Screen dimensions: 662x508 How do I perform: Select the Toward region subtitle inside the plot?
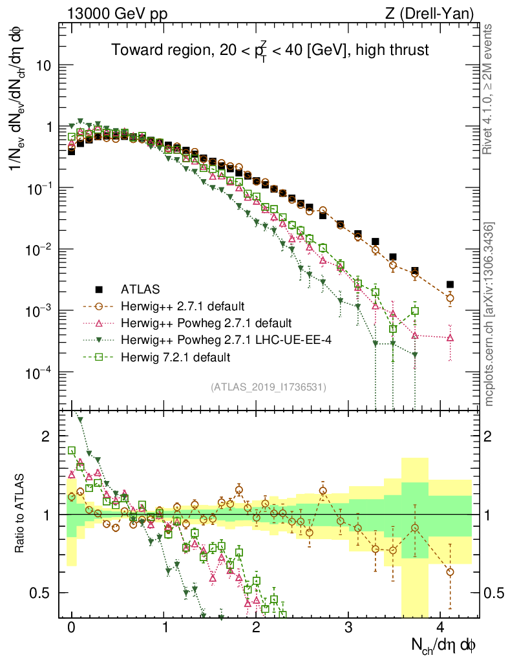pyautogui.click(x=270, y=50)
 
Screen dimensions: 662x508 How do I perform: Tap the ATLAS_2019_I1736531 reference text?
pyautogui.click(x=268, y=387)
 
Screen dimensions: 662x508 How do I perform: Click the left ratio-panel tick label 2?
pyautogui.click(x=46, y=436)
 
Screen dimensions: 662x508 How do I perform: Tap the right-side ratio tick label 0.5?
pyautogui.click(x=494, y=593)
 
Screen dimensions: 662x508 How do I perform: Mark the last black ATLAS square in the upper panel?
pyautogui.click(x=450, y=284)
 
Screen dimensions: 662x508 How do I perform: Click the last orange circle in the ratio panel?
pyautogui.click(x=450, y=572)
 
